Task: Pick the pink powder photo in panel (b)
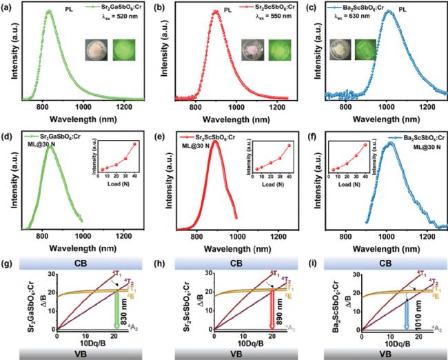click(x=251, y=50)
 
